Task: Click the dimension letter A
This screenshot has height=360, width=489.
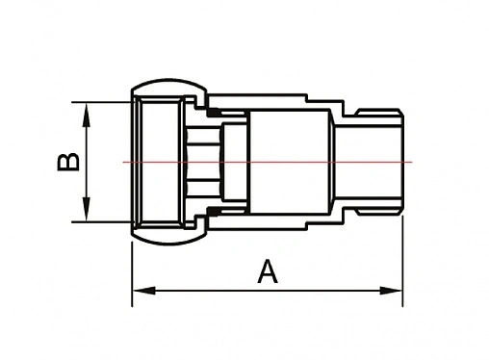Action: (268, 272)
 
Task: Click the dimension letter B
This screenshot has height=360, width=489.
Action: (67, 161)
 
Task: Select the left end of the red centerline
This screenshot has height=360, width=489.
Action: (124, 162)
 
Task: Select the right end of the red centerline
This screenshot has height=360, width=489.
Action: (412, 162)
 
